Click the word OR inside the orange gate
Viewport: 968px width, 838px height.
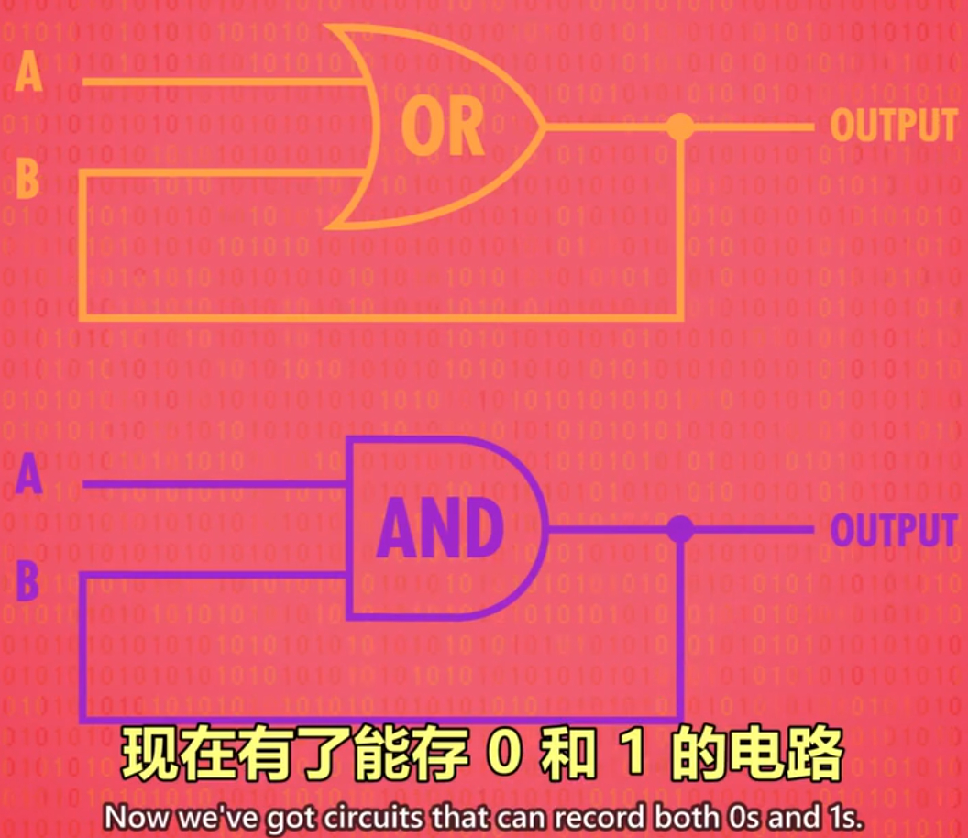pos(443,127)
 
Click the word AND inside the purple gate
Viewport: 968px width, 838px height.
pos(441,529)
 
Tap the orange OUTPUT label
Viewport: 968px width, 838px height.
pos(893,126)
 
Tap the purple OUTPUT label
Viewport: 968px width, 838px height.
pos(893,530)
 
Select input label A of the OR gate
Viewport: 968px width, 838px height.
pos(29,73)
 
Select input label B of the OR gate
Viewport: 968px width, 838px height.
pos(27,180)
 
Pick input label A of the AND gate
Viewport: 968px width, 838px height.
pos(29,478)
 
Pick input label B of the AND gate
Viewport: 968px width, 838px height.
pos(27,581)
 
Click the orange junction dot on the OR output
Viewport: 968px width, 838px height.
pos(680,127)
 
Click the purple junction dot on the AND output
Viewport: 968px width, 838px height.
pos(679,529)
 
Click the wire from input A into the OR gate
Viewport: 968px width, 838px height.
pos(220,82)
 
